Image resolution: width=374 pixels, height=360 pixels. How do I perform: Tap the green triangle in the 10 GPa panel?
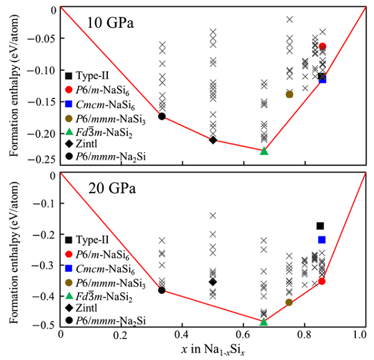point(264,151)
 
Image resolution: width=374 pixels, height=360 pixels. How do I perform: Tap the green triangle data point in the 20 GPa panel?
point(264,321)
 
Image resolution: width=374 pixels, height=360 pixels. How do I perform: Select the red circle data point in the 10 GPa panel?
point(322,47)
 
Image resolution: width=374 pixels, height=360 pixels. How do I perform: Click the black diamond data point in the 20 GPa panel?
point(213,282)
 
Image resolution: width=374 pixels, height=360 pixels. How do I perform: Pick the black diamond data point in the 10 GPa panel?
point(213,140)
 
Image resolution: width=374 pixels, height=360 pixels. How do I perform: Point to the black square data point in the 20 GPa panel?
point(320,226)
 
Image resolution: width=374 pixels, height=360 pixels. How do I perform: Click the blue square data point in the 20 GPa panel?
point(322,240)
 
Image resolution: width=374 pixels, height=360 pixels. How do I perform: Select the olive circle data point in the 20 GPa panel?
point(289,303)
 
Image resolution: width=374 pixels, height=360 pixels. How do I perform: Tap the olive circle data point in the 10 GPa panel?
point(289,95)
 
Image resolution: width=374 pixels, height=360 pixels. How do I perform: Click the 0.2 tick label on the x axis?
point(120,334)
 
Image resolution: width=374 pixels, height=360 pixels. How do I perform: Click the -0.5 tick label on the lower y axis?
point(44,324)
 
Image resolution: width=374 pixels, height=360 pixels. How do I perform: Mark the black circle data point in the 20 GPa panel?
point(162,290)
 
